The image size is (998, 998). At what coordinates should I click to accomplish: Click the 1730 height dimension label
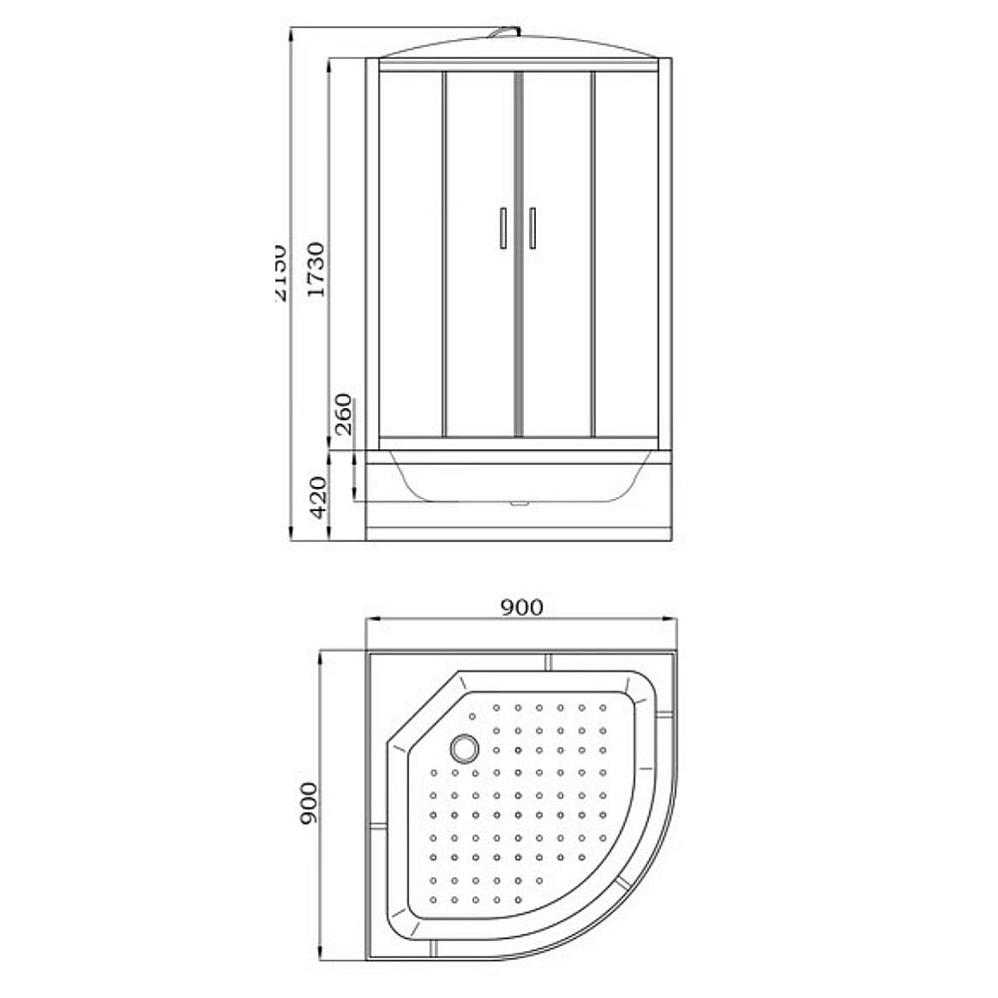[316, 269]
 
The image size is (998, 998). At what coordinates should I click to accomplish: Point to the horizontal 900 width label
[521, 607]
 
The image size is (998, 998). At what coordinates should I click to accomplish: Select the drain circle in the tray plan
[465, 747]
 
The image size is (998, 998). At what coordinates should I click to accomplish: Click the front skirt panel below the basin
[519, 524]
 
